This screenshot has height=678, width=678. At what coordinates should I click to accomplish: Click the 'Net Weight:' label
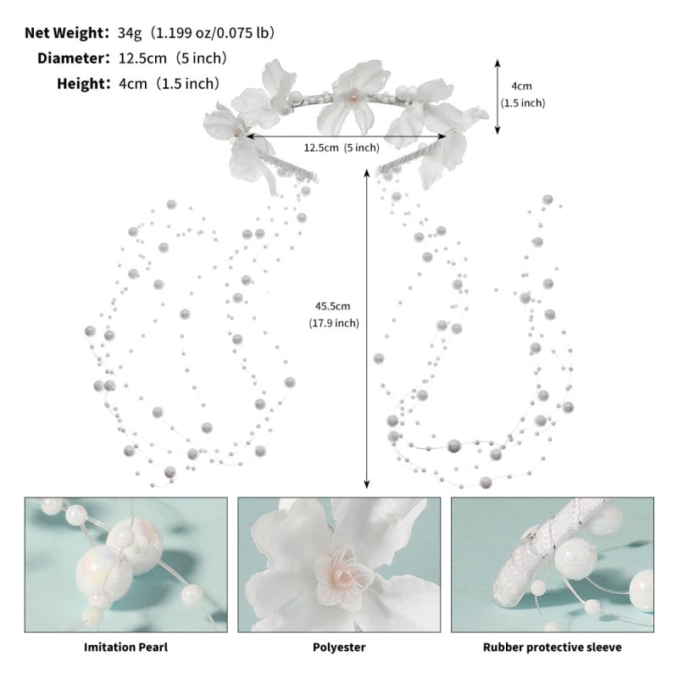(x=67, y=33)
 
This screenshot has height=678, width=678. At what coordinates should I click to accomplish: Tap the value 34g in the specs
(x=130, y=33)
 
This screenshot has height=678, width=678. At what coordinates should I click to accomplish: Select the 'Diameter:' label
(x=74, y=58)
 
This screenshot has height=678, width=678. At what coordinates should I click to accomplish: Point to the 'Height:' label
(x=84, y=83)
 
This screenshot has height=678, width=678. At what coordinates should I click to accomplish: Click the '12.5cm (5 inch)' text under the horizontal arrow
(x=342, y=147)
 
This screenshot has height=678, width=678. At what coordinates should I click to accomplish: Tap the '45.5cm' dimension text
(x=332, y=306)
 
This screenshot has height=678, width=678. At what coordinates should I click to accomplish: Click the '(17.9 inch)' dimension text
(x=334, y=323)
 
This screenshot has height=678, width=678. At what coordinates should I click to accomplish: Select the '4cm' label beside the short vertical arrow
(x=521, y=86)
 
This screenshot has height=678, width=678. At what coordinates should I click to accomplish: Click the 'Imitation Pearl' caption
(x=125, y=647)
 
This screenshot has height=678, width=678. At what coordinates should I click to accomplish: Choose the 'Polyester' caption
(x=339, y=647)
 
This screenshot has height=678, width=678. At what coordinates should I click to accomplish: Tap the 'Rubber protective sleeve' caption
(x=553, y=647)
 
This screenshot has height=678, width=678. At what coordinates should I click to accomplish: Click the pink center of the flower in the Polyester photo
(x=344, y=576)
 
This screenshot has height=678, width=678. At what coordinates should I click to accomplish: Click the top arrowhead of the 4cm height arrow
(x=497, y=64)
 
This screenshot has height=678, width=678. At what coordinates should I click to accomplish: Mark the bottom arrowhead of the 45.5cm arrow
(x=367, y=484)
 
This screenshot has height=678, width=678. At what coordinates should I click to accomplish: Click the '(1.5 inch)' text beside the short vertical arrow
(x=523, y=103)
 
